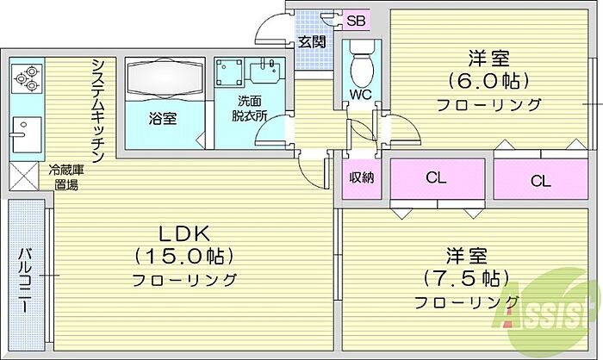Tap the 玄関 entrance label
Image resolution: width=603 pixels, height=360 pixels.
point(311,41)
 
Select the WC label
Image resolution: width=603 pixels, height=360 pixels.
point(360,95)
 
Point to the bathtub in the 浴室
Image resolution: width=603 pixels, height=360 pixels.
point(163,81)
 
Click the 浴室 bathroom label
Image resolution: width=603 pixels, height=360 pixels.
point(164,118)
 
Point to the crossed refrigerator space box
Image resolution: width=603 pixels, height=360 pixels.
point(24,177)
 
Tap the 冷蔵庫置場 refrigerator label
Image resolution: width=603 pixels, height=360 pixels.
point(67,177)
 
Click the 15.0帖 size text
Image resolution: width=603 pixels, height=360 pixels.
point(185,256)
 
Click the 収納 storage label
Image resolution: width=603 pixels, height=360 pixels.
point(361,178)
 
